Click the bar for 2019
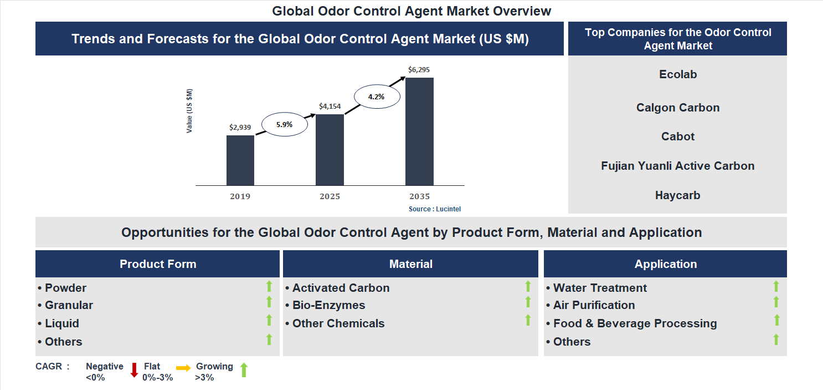coord(240,160)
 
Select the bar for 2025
coord(330,150)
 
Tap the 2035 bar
coord(419,131)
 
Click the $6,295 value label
coord(419,70)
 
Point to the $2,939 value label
coord(240,128)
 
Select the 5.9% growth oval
coord(284,125)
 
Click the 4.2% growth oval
coord(376,97)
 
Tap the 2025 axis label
coord(330,197)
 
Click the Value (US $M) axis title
coord(189,111)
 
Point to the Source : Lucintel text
coord(435,209)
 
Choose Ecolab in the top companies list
coord(678,74)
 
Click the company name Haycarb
coord(677,195)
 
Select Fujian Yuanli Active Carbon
coord(677,166)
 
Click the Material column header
coord(410,264)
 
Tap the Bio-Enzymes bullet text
coord(328,305)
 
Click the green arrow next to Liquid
coord(269,321)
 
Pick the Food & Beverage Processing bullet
coord(635,323)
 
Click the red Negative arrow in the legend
coord(133,370)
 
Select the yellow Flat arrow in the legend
coord(183,368)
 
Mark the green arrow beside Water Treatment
coord(776,286)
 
